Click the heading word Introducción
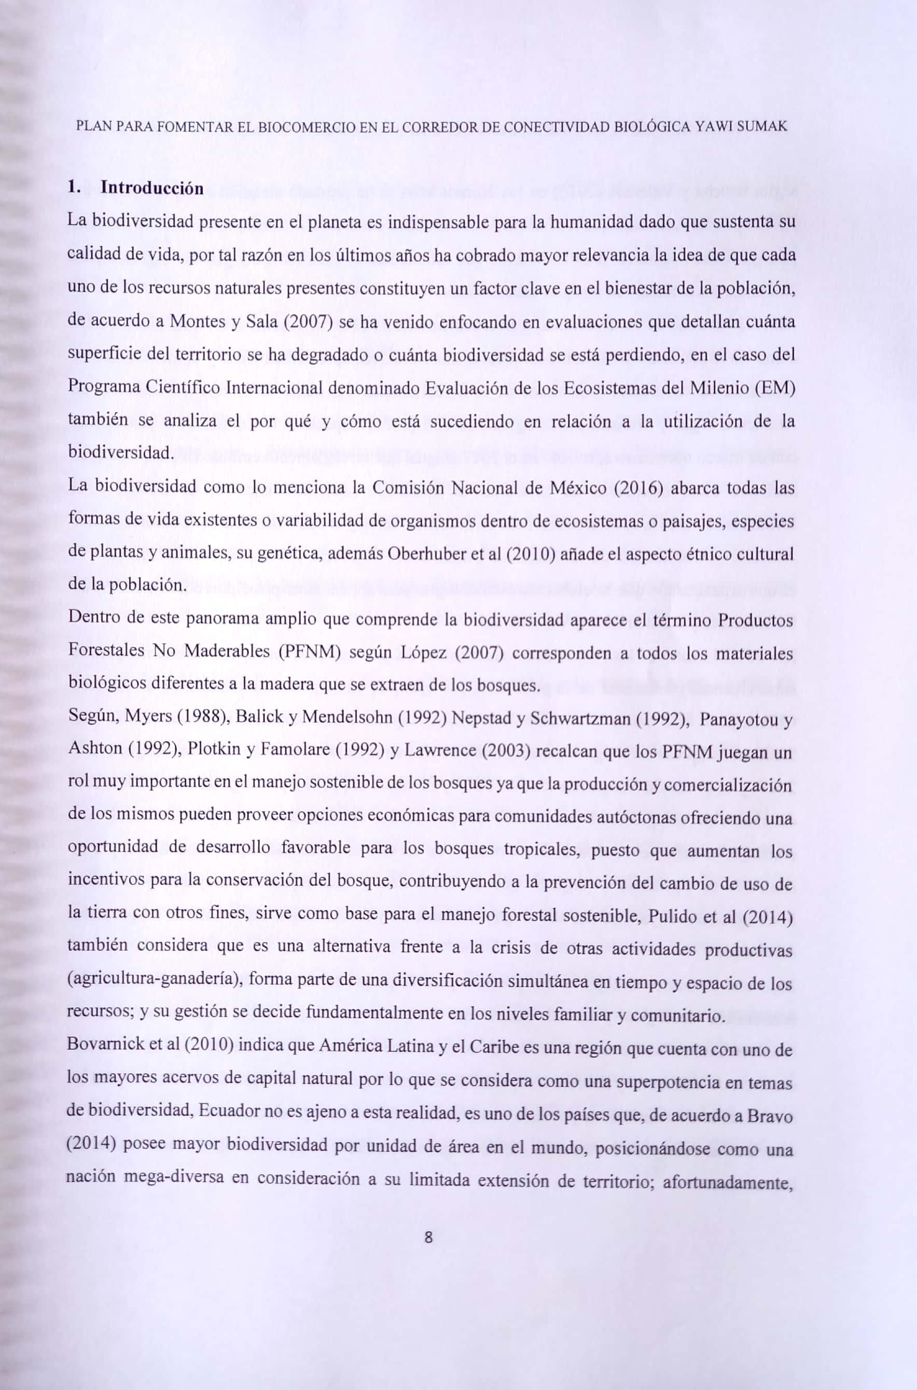152,188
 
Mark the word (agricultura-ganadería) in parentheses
154,980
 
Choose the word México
574,488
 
